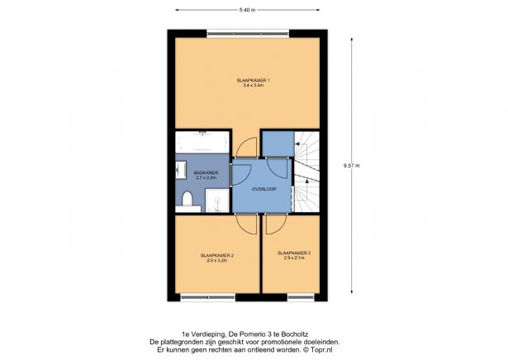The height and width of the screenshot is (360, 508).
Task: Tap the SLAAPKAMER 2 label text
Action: pos(217,256)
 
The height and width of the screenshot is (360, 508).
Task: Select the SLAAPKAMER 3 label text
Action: pos(294,253)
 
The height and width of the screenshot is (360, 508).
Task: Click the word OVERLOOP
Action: pos(264,189)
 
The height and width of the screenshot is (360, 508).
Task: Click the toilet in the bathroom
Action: pos(188,198)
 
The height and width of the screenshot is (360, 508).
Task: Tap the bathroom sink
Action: pos(180,170)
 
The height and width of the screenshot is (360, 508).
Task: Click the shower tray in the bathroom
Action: pos(216,199)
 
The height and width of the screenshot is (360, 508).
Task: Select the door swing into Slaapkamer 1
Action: pos(245,146)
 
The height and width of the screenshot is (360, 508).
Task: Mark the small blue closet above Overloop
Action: pos(278,144)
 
